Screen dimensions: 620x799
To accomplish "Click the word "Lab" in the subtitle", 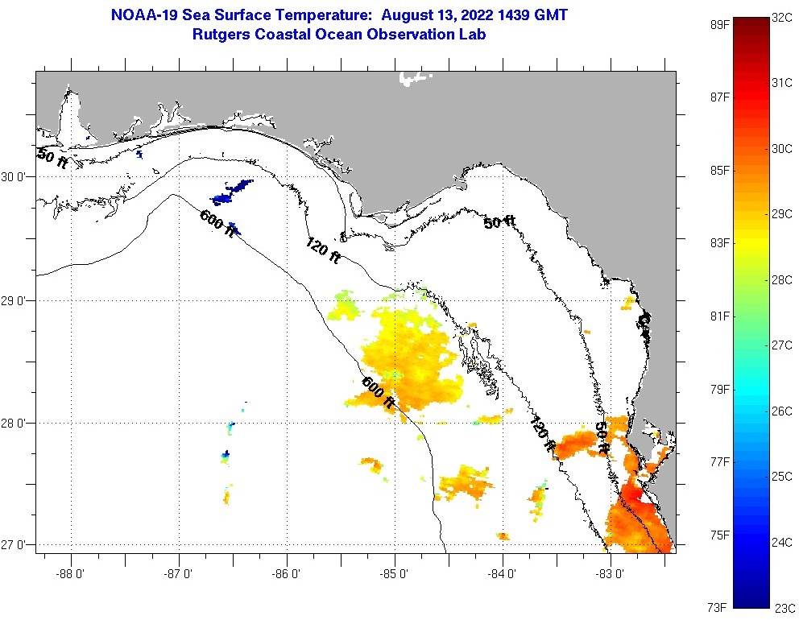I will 473,35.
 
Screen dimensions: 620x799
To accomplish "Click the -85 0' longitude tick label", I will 395,574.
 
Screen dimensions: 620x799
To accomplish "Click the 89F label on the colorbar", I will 719,24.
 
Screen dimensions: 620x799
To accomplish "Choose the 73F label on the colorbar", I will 719,606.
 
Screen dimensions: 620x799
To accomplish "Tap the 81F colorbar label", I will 719,316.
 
